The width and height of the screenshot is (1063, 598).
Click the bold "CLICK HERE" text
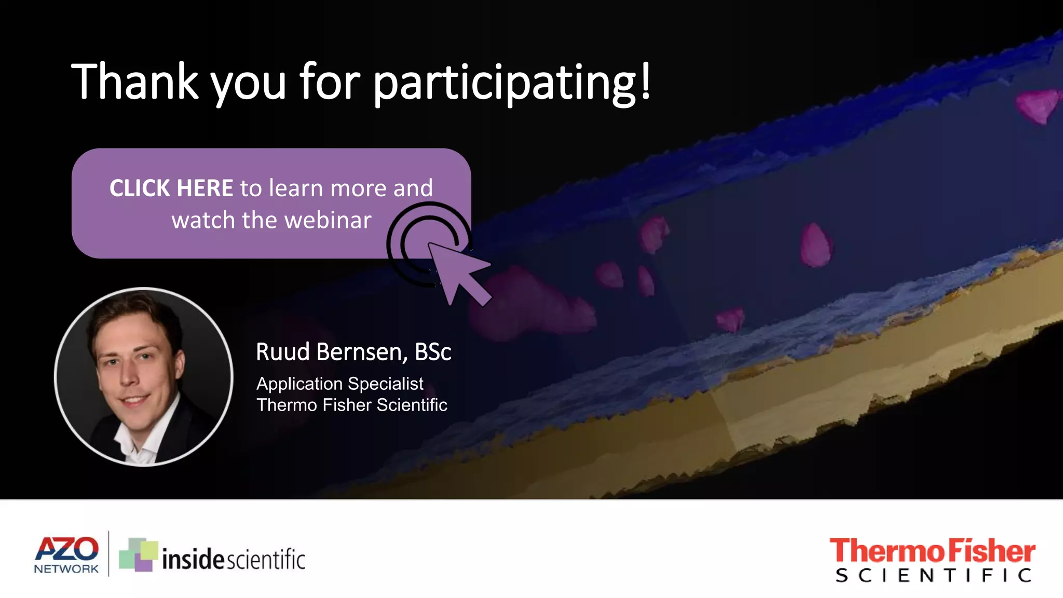click(x=171, y=188)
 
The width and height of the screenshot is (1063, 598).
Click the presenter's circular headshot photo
click(x=144, y=377)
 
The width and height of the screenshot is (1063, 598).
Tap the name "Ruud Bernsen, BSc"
click(x=353, y=352)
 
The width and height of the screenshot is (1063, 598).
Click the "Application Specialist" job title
click(x=340, y=384)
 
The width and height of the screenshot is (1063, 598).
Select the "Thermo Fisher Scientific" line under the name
click(x=352, y=405)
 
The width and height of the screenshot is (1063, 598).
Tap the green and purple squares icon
click(x=138, y=554)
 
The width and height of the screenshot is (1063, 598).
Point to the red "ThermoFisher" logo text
click(x=932, y=551)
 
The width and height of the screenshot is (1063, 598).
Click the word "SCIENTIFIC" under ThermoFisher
click(x=933, y=575)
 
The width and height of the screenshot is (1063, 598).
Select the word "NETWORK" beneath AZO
click(x=66, y=569)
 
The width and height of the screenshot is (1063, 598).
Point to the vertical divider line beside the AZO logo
click(x=108, y=553)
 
